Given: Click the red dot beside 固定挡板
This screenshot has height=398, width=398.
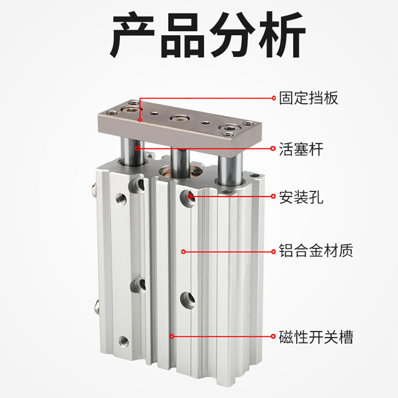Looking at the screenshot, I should point(274,98).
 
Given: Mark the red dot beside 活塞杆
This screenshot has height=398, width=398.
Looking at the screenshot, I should point(274,148).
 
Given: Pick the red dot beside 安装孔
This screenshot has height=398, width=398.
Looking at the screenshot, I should point(274,197).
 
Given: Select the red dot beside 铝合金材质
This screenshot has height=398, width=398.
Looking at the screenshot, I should point(274,251).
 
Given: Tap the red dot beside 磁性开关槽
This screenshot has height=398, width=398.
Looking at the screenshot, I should point(274,337).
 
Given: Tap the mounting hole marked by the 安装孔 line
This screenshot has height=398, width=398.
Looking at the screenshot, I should point(189,196).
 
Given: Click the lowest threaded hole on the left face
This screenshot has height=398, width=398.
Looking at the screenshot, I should point(123,341).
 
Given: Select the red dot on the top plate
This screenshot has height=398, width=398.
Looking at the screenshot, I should point(140,120).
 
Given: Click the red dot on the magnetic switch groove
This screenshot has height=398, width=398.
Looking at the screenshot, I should point(172,337).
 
